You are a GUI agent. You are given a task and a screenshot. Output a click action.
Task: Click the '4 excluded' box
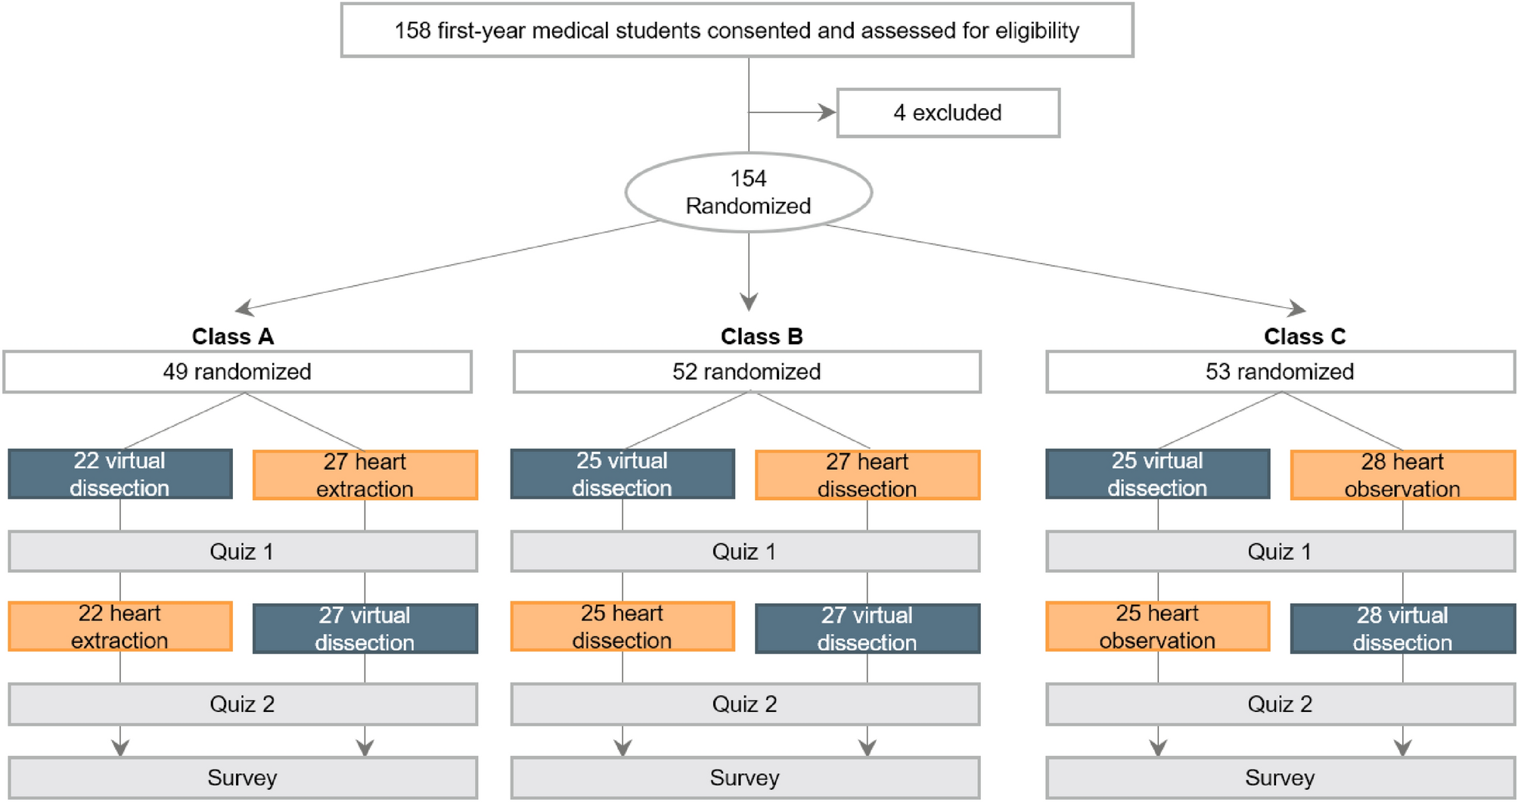tap(948, 113)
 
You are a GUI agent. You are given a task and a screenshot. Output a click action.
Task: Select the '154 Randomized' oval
tap(748, 192)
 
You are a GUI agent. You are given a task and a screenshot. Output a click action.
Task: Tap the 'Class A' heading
tap(232, 336)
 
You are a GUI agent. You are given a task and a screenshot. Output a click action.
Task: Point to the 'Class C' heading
tap(1304, 336)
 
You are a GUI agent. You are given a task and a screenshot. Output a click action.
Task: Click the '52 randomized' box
tap(747, 371)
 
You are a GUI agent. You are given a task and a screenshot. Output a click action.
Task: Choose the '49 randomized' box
tap(237, 371)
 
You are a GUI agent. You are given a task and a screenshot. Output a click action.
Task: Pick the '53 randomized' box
tap(1280, 371)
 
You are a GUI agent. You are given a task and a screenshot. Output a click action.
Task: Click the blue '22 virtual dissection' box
tap(120, 474)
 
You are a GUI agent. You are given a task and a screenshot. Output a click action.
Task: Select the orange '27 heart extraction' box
tap(365, 475)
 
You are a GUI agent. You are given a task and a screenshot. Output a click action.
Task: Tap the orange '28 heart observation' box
tap(1402, 475)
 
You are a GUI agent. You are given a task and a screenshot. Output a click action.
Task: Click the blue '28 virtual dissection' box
tap(1402, 629)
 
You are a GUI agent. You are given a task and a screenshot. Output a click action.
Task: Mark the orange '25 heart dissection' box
tap(622, 626)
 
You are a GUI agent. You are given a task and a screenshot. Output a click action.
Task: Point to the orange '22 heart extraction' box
tap(120, 626)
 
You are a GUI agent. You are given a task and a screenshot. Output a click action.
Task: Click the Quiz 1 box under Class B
tap(745, 552)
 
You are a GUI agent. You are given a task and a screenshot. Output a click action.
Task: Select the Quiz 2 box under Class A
tap(242, 704)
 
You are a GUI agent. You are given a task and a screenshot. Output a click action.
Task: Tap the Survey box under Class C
tap(1280, 778)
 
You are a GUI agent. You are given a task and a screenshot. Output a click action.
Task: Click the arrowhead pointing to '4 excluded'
tap(827, 113)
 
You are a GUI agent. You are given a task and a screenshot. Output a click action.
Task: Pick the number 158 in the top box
tap(412, 31)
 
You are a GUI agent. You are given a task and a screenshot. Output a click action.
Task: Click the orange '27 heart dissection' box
tap(867, 475)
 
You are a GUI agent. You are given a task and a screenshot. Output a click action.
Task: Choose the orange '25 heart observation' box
tap(1157, 626)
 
